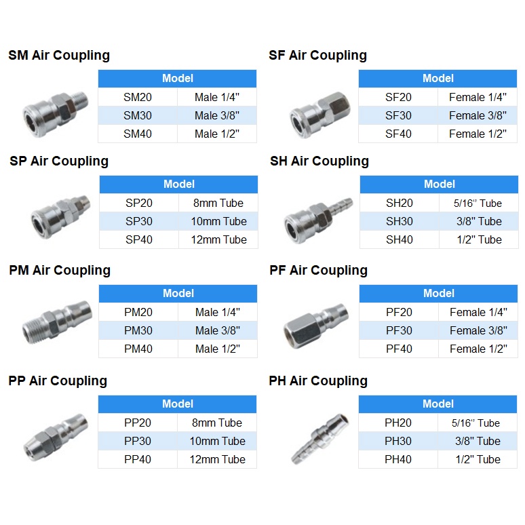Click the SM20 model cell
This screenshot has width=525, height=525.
click(x=138, y=97)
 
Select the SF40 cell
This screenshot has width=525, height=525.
click(x=398, y=134)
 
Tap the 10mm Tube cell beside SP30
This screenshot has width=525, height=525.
click(x=218, y=221)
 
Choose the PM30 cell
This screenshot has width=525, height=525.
click(x=138, y=330)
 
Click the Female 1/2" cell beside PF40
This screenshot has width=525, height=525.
click(x=478, y=349)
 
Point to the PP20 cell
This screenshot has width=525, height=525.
click(x=138, y=423)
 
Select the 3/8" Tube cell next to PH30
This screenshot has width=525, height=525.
click(x=478, y=441)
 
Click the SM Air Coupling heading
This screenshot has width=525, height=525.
click(x=59, y=56)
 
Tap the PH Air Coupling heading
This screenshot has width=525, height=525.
click(x=318, y=381)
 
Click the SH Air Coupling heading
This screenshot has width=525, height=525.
click(x=319, y=161)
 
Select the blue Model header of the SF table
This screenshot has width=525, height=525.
click(x=438, y=79)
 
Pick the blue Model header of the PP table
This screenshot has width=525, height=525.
click(x=178, y=404)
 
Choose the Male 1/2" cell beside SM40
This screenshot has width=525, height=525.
click(x=217, y=134)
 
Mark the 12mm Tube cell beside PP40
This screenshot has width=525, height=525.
click(x=217, y=459)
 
